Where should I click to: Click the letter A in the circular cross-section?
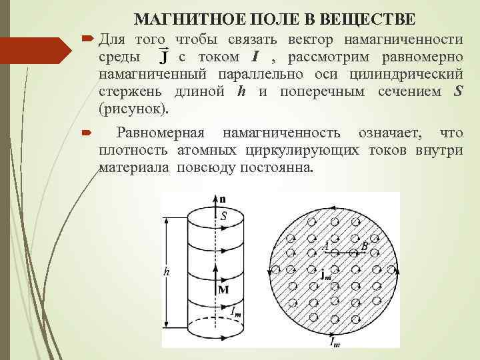tap(326, 246)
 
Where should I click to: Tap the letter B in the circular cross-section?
tap(364, 246)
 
